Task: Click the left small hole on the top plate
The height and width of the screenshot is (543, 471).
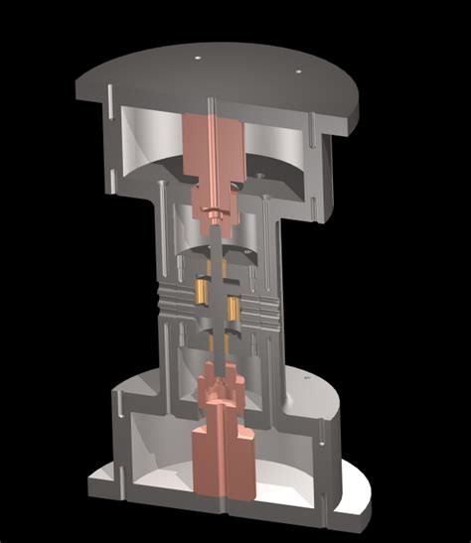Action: point(198,58)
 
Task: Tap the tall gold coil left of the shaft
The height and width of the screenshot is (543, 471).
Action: point(203,291)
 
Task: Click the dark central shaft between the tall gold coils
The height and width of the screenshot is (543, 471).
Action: point(219,298)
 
